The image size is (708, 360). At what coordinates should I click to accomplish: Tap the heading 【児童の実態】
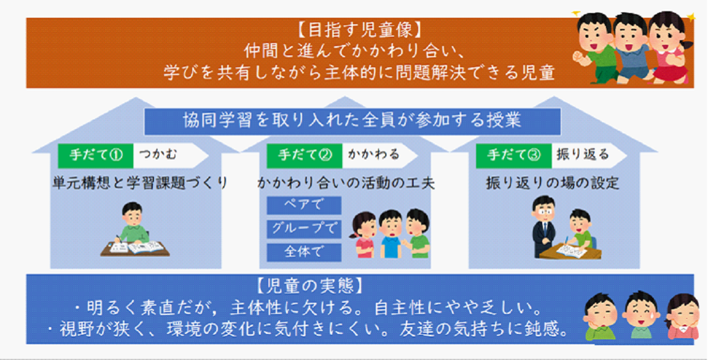pos(307,287)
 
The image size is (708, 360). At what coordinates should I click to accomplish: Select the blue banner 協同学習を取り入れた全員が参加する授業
pos(352,122)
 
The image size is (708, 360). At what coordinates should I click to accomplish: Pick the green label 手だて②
pos(304,155)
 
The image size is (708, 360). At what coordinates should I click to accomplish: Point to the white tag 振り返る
pos(582,155)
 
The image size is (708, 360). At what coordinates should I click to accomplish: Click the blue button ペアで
pos(304,205)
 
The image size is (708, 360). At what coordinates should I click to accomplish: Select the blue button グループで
pos(304,228)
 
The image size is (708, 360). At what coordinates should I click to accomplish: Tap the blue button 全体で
pos(304,252)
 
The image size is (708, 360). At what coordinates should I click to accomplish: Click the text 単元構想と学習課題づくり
pos(140,183)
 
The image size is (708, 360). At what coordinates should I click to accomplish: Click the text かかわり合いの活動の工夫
pos(345,183)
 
